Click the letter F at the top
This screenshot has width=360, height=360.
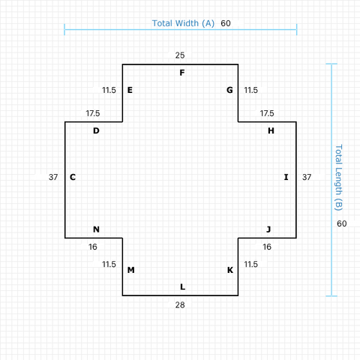point(181,73)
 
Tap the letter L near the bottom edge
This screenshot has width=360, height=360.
point(181,286)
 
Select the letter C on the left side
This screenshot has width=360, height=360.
point(73,177)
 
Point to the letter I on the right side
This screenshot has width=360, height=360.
point(286,177)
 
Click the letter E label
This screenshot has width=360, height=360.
point(130,90)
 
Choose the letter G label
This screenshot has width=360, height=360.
point(229,90)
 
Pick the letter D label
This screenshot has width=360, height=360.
point(96,130)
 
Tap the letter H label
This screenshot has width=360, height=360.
point(271,130)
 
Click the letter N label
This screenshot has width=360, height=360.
point(96,229)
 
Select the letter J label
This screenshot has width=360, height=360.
point(268,229)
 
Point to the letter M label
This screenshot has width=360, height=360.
point(130,270)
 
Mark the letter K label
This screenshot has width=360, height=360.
point(230,270)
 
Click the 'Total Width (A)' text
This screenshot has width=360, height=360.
point(184,23)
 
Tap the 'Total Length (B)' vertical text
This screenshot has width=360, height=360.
point(338,177)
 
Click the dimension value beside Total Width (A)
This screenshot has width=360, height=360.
point(226,23)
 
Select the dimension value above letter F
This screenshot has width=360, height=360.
point(180,55)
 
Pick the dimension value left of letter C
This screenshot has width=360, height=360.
point(52,177)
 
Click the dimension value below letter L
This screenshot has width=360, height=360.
point(180,304)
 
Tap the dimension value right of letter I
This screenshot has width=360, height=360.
point(307,177)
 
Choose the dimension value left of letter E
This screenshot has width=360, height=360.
point(109,90)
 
